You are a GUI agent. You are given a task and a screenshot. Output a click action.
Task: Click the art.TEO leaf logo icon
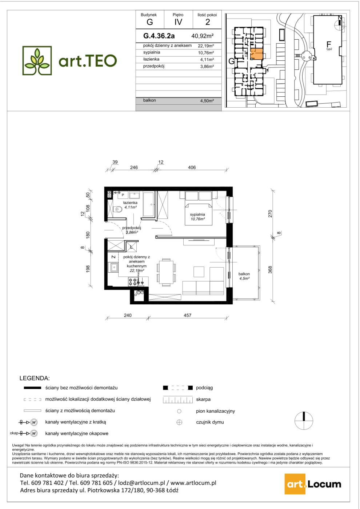[37, 60]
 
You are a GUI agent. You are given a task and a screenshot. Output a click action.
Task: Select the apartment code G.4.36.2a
[159, 36]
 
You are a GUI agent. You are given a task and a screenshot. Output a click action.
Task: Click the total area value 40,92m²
[202, 36]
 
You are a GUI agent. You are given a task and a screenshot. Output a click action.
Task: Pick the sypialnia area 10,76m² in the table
[206, 53]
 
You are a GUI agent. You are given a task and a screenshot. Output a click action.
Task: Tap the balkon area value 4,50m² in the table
[207, 101]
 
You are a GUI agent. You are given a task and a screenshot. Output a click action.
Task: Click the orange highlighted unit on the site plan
[257, 54]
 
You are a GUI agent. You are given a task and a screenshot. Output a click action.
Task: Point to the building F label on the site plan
[329, 44]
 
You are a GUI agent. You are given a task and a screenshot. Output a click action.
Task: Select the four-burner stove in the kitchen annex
[133, 282]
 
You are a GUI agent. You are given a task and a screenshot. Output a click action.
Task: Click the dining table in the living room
[166, 272]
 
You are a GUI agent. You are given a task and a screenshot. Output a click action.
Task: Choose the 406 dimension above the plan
[192, 168]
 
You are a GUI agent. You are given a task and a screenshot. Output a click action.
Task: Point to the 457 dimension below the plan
[188, 316]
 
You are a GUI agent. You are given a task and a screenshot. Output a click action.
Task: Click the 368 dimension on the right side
[270, 269]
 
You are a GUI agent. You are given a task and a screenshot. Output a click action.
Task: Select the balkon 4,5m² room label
[244, 276]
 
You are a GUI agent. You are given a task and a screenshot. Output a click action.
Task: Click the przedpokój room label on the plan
[132, 228]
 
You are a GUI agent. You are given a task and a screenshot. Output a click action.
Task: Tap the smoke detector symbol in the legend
[179, 422]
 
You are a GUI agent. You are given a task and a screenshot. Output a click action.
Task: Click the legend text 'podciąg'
[204, 388]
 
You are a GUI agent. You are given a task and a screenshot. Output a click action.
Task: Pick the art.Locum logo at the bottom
[313, 484]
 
